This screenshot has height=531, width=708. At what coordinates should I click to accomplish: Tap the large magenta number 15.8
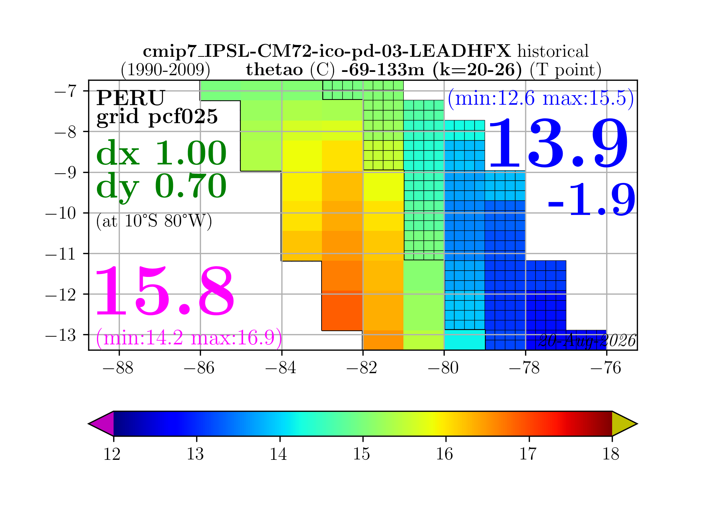(x=165, y=291)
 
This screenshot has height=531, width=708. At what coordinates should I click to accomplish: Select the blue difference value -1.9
(x=592, y=200)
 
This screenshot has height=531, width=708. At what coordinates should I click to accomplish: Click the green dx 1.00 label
(x=162, y=153)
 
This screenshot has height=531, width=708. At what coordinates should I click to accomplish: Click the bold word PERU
(x=131, y=98)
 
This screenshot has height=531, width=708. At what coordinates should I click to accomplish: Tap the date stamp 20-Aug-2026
(x=587, y=341)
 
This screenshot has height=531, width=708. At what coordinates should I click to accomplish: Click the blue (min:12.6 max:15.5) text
(x=541, y=99)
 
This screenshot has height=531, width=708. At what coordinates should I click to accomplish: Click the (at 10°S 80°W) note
(x=154, y=221)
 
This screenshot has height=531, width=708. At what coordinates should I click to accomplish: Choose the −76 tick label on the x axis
(x=606, y=368)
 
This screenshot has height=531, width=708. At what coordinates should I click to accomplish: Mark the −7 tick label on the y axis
(x=65, y=91)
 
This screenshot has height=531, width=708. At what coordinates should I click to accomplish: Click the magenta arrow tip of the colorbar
(x=89, y=424)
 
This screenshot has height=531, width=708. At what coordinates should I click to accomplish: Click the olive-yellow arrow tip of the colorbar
(x=637, y=424)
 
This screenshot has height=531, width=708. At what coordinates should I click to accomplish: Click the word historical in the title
(x=553, y=51)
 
